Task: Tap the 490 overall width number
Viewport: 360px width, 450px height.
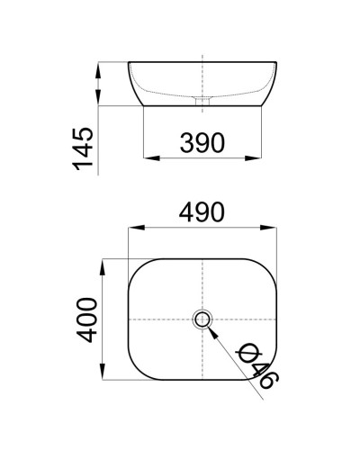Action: [201, 212]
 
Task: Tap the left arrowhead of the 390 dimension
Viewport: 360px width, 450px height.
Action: [149, 158]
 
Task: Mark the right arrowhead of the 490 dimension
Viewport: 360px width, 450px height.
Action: [274, 229]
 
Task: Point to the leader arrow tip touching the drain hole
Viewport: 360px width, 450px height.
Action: [209, 326]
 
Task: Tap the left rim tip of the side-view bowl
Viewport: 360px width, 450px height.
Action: [130, 63]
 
